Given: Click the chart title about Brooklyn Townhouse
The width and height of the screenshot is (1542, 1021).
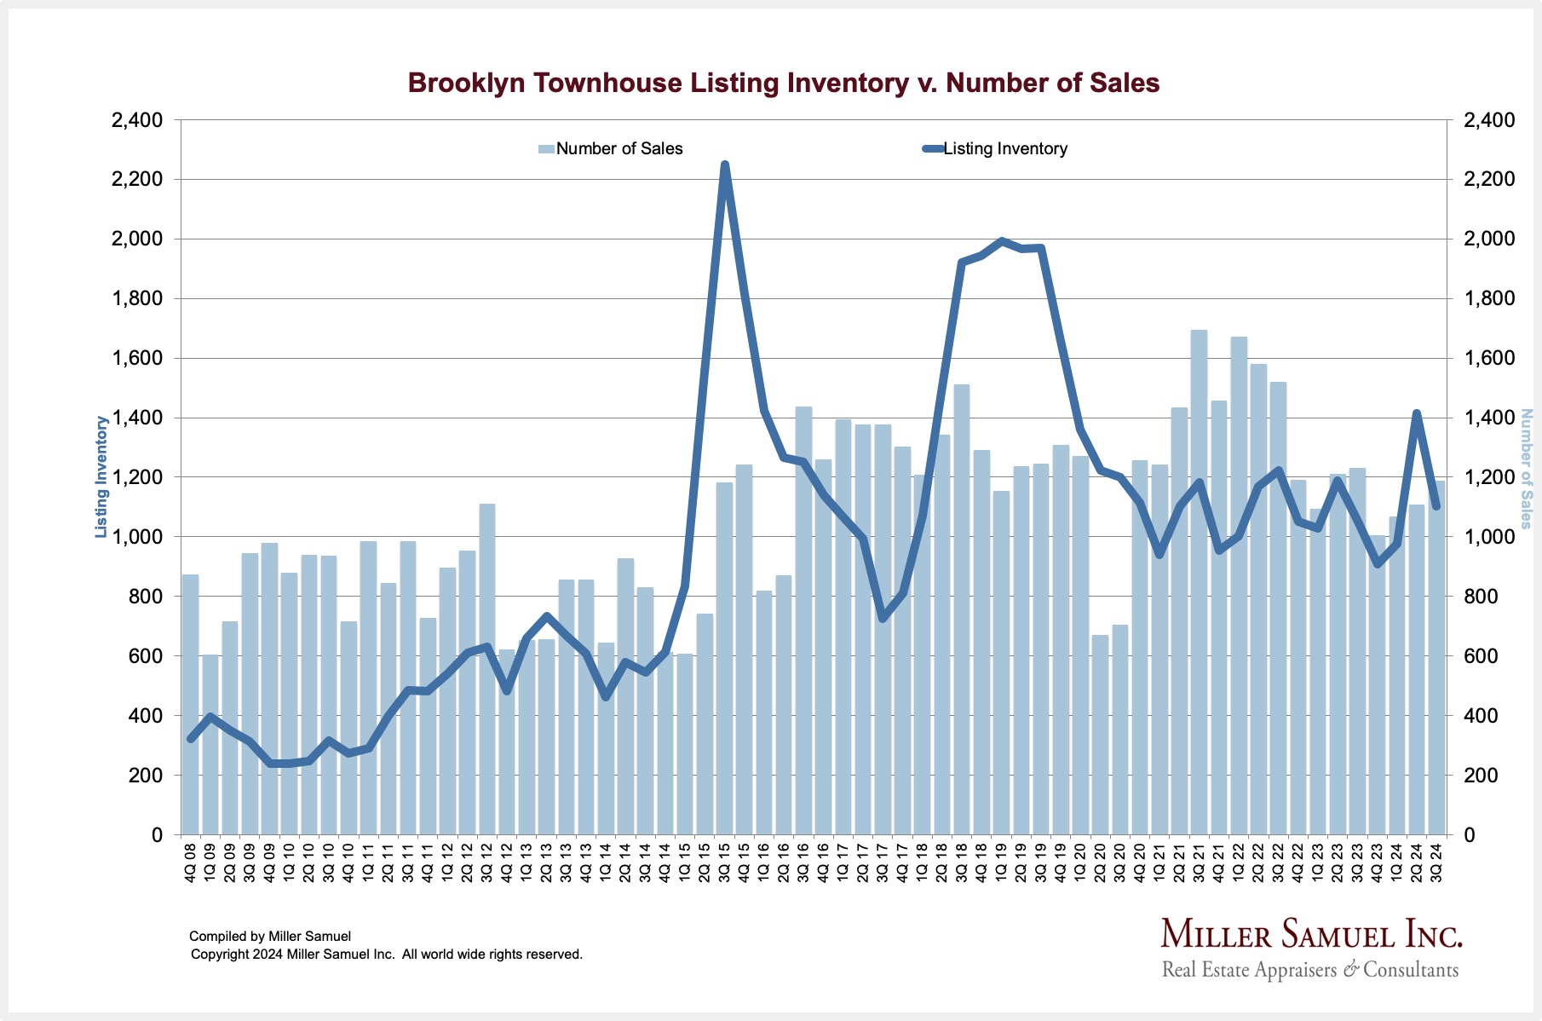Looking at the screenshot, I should pos(783,83).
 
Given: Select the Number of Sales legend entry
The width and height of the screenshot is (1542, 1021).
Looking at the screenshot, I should pos(611,149).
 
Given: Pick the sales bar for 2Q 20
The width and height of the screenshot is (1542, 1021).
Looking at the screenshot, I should pos(1100,733).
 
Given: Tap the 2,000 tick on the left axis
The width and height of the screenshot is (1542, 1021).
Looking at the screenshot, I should pos(139,239).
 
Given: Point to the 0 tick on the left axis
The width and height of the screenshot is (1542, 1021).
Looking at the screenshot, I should pos(157,835).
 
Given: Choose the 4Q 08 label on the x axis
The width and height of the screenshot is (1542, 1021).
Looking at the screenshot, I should pos(190,862).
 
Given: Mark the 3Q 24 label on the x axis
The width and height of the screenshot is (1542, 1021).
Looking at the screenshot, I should pos(1436,862).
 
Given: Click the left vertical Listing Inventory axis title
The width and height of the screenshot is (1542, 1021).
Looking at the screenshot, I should pos(101,477).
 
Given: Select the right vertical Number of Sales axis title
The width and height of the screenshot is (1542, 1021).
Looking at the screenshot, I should pos(1526,469).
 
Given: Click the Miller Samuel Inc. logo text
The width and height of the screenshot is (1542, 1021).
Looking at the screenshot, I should pos(1311,935).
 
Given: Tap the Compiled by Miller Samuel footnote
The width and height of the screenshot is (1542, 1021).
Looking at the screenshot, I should pos(270,937).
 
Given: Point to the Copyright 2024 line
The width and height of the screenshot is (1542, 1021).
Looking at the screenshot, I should pos(386,955).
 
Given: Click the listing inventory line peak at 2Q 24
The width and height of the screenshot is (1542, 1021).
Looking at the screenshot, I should pos(1416,413).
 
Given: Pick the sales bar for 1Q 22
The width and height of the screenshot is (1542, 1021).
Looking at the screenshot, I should pos(1239,588).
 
